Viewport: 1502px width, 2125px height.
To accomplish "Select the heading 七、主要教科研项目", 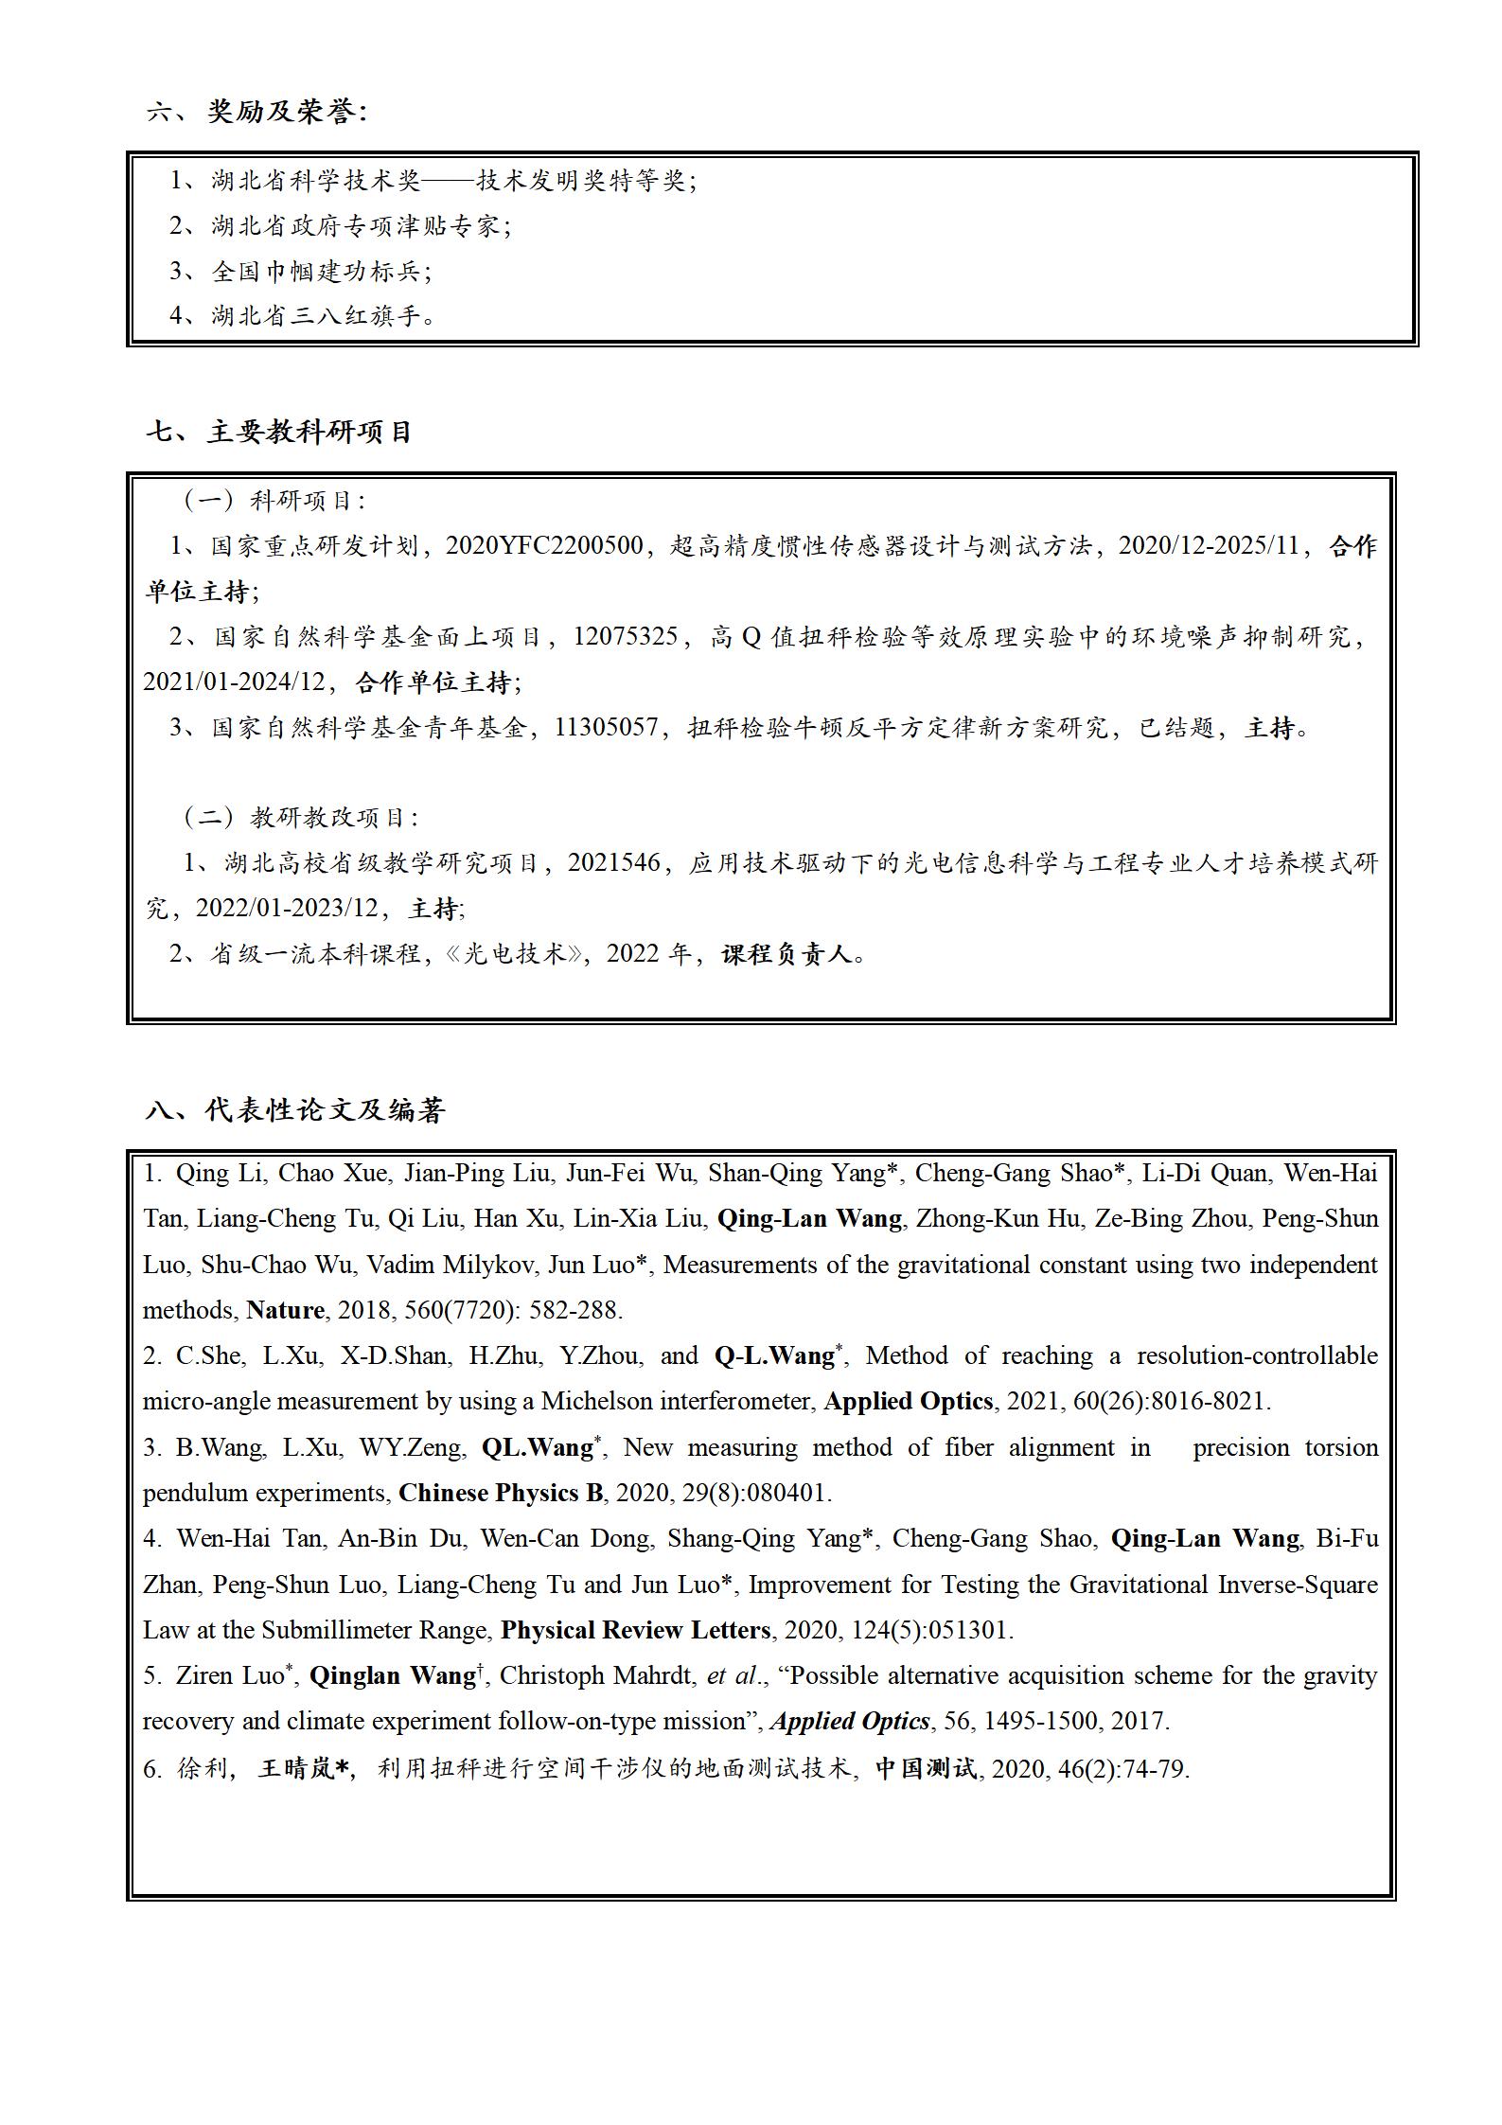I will [x=280, y=433].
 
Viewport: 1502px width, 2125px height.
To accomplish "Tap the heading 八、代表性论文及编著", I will [x=295, y=1109].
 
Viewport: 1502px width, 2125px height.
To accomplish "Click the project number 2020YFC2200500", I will [x=544, y=546].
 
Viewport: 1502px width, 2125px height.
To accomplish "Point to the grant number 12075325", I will [x=626, y=637].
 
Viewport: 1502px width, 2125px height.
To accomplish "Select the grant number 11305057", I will [x=607, y=728].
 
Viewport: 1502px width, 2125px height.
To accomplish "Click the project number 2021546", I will [x=613, y=863].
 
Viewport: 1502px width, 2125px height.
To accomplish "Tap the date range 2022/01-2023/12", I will [x=287, y=909].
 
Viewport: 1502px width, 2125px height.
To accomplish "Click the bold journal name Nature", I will [x=285, y=1310].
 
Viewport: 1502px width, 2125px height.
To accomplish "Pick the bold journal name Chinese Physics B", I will [x=501, y=1493].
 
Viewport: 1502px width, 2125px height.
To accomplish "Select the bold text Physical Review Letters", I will [x=635, y=1630].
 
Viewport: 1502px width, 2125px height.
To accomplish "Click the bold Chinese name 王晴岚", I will [x=297, y=1768].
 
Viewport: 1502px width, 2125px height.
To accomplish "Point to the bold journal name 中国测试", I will [x=925, y=1768].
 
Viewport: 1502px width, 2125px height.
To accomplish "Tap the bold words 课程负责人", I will [x=787, y=954].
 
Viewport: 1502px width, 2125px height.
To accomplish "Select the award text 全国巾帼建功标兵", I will [x=316, y=272].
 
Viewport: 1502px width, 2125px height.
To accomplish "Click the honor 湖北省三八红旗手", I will [x=316, y=316].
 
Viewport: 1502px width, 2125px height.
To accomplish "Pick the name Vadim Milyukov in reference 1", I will [x=427, y=1265].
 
